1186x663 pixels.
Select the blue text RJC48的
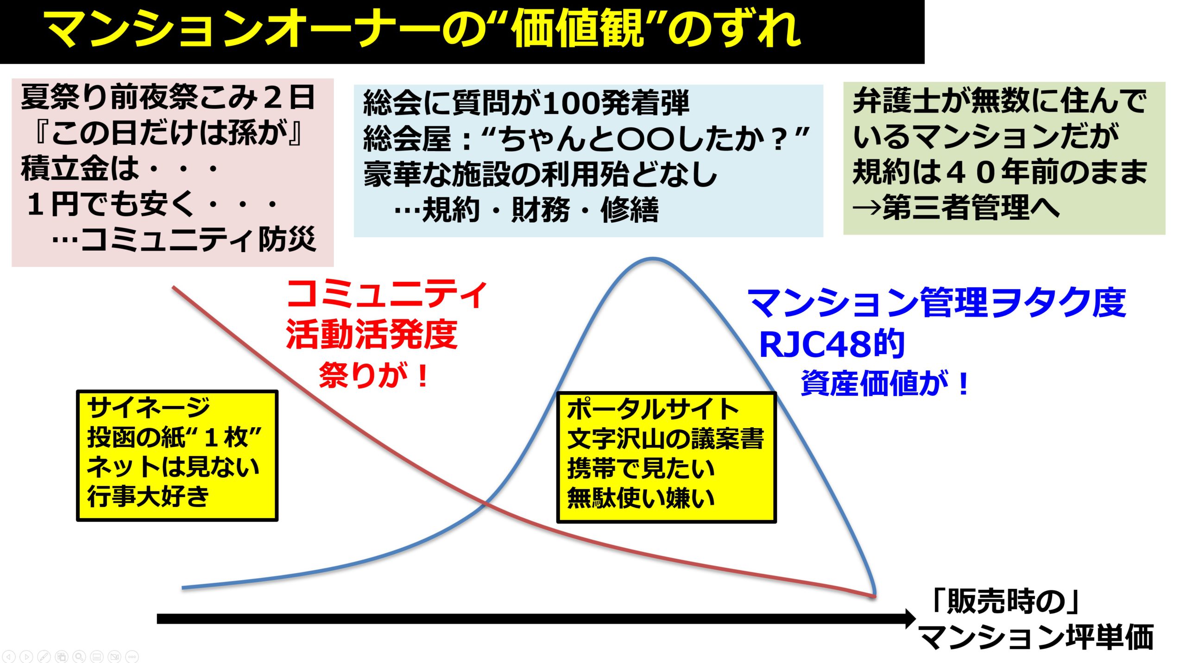[x=832, y=345]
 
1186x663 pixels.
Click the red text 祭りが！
[x=373, y=375]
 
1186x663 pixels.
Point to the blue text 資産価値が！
[x=885, y=384]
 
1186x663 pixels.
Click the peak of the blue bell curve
[x=653, y=259]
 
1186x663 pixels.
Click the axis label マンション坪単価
[x=1036, y=638]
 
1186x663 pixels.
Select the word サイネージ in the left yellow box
[x=148, y=408]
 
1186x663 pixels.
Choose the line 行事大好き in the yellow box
[x=148, y=496]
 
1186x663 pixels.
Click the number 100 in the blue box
[x=571, y=103]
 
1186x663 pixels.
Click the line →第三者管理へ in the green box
[x=956, y=207]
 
